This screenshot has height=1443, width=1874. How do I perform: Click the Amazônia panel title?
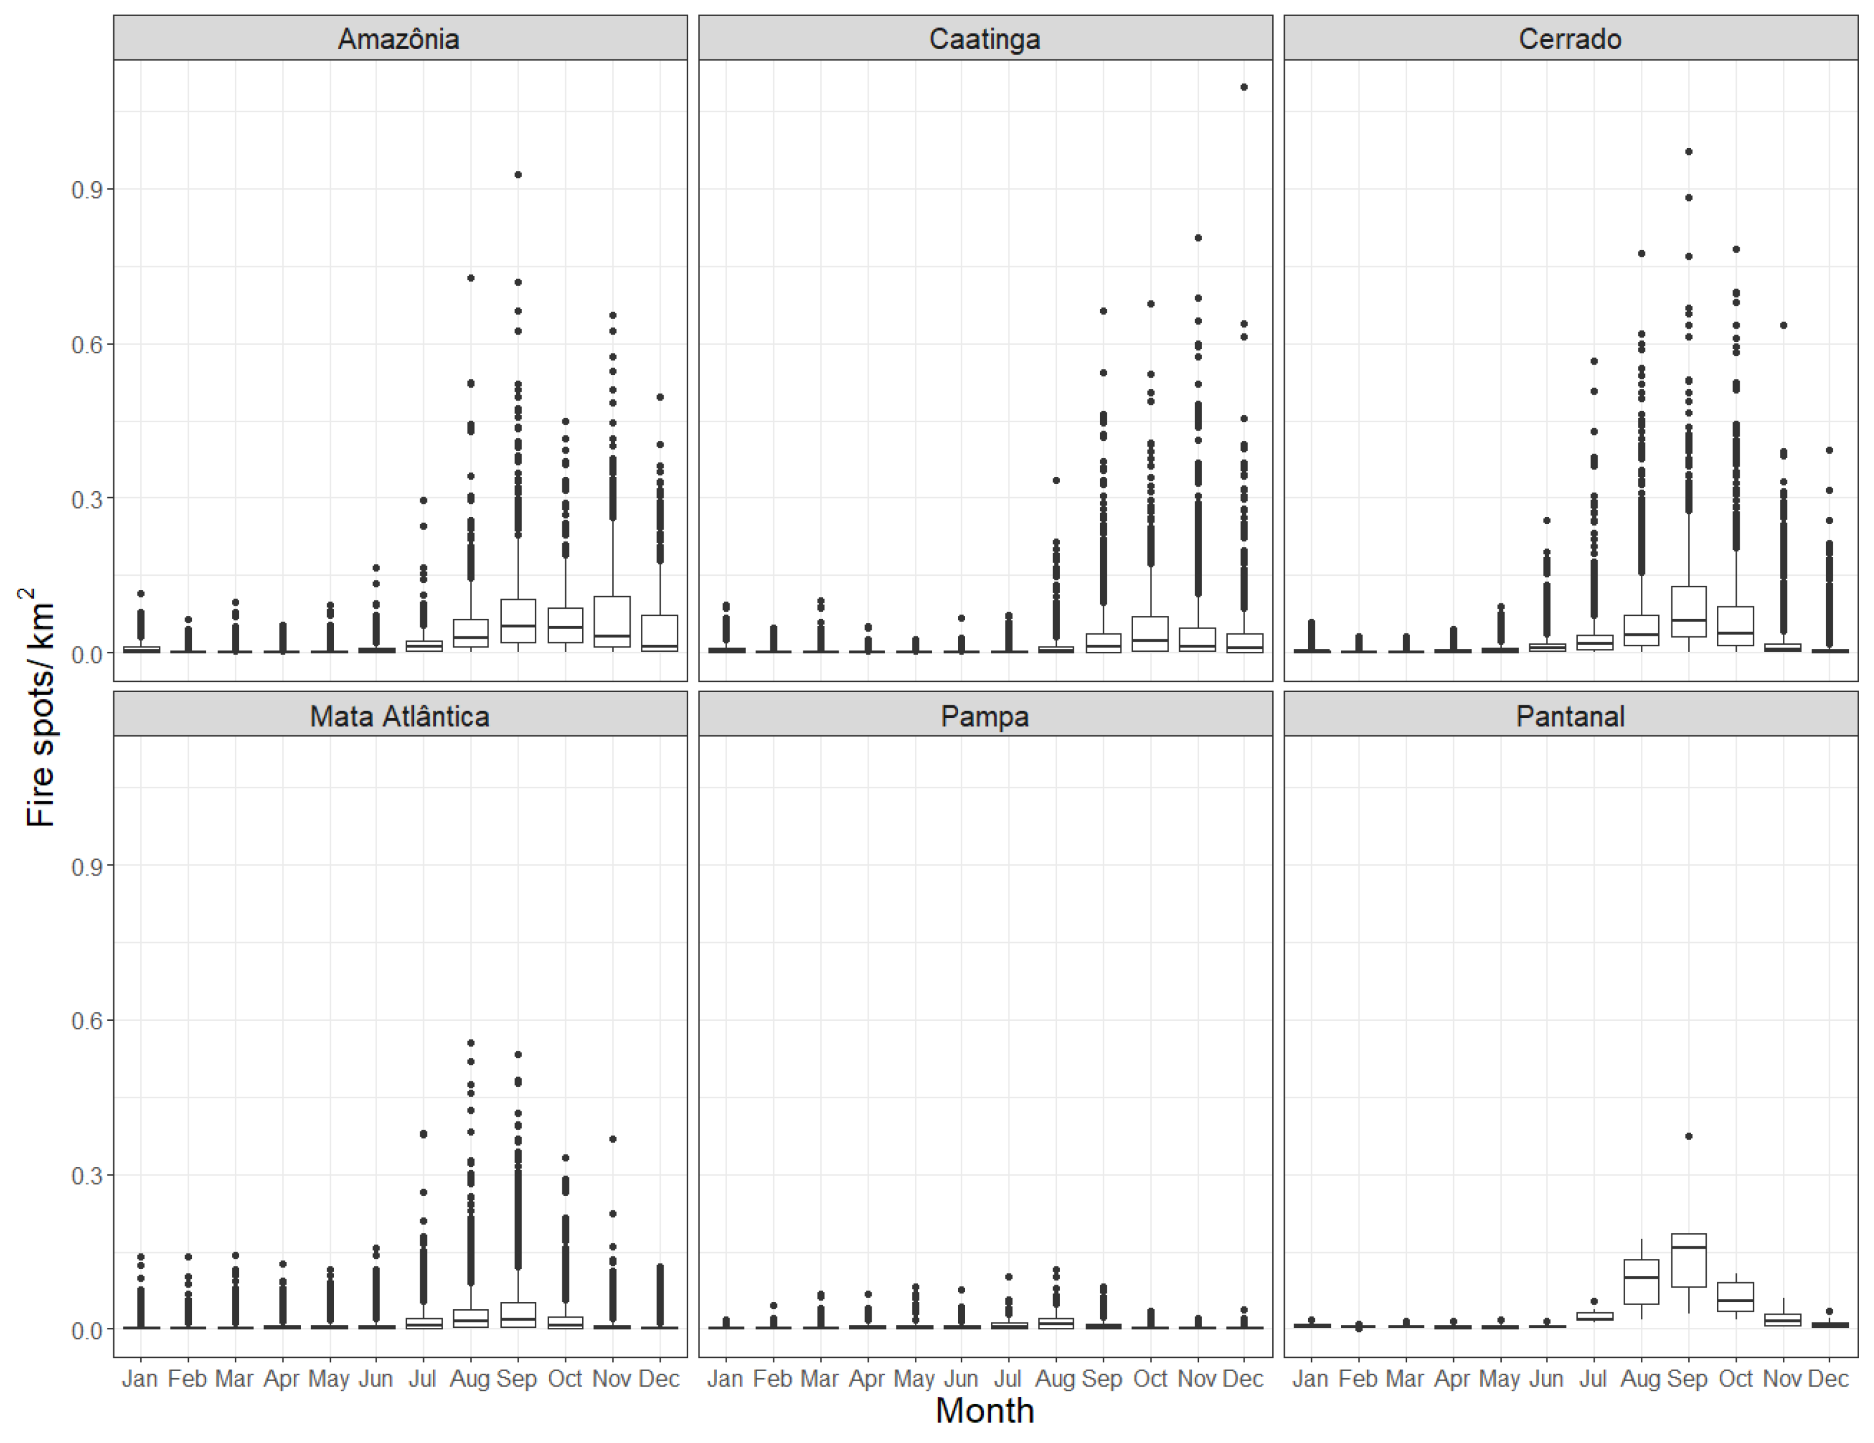399,38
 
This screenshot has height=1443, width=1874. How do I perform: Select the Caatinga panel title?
984,38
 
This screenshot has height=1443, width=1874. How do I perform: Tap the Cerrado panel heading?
1569,38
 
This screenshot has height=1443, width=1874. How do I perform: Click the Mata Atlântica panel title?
399,716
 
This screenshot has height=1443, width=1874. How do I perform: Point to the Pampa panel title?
984,716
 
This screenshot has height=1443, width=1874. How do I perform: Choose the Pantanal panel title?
1569,716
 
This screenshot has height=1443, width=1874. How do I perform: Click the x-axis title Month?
984,1411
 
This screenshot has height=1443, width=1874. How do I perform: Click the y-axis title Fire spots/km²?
38,708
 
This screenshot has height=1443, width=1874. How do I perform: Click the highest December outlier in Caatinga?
1244,87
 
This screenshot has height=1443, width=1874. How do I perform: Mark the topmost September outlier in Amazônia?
519,175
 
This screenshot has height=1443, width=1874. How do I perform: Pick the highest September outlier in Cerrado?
1689,152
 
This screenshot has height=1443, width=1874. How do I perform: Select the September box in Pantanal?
1689,1260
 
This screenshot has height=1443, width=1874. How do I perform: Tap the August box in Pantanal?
1641,1282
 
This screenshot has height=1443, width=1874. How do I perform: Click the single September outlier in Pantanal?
1689,1136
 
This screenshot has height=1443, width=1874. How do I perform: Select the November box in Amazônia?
613,621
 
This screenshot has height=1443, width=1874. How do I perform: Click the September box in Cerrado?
1689,611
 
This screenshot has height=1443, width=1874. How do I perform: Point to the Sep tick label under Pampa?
1102,1379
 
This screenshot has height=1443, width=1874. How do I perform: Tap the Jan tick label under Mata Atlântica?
140,1379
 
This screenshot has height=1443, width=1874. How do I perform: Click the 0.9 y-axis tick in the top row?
87,190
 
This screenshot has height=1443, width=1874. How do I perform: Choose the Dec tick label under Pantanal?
1828,1379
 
